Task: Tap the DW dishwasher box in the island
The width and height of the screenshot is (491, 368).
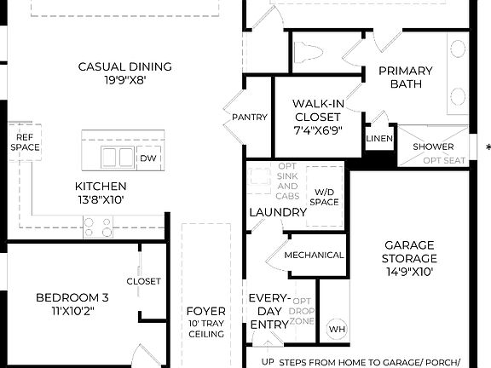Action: pyautogui.click(x=148, y=158)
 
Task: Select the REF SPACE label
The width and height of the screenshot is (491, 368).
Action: pyautogui.click(x=25, y=141)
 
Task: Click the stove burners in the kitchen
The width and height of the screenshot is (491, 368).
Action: pyautogui.click(x=97, y=227)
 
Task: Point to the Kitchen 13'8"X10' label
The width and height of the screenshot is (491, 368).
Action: pyautogui.click(x=101, y=193)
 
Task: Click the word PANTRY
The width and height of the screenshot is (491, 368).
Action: pyautogui.click(x=250, y=118)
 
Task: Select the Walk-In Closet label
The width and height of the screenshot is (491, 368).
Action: pyautogui.click(x=318, y=117)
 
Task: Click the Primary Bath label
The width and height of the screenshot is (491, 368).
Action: pyautogui.click(x=406, y=77)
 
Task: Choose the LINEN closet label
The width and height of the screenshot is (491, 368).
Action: pyautogui.click(x=378, y=139)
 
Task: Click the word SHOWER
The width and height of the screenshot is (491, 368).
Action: pyautogui.click(x=433, y=147)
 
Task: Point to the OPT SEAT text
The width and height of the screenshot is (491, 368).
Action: pyautogui.click(x=444, y=160)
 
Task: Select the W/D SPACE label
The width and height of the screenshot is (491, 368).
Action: pyautogui.click(x=325, y=197)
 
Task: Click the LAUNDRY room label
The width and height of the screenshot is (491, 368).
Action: pyautogui.click(x=278, y=212)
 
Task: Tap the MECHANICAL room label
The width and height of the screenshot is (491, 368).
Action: pyautogui.click(x=314, y=255)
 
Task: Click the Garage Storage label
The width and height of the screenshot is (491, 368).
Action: pyautogui.click(x=409, y=258)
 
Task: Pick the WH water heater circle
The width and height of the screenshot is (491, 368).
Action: pyautogui.click(x=336, y=328)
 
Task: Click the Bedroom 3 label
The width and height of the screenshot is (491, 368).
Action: pyautogui.click(x=72, y=304)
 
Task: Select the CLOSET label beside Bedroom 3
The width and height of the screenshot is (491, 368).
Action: pyautogui.click(x=143, y=281)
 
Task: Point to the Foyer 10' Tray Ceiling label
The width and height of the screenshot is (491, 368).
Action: pyautogui.click(x=205, y=323)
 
